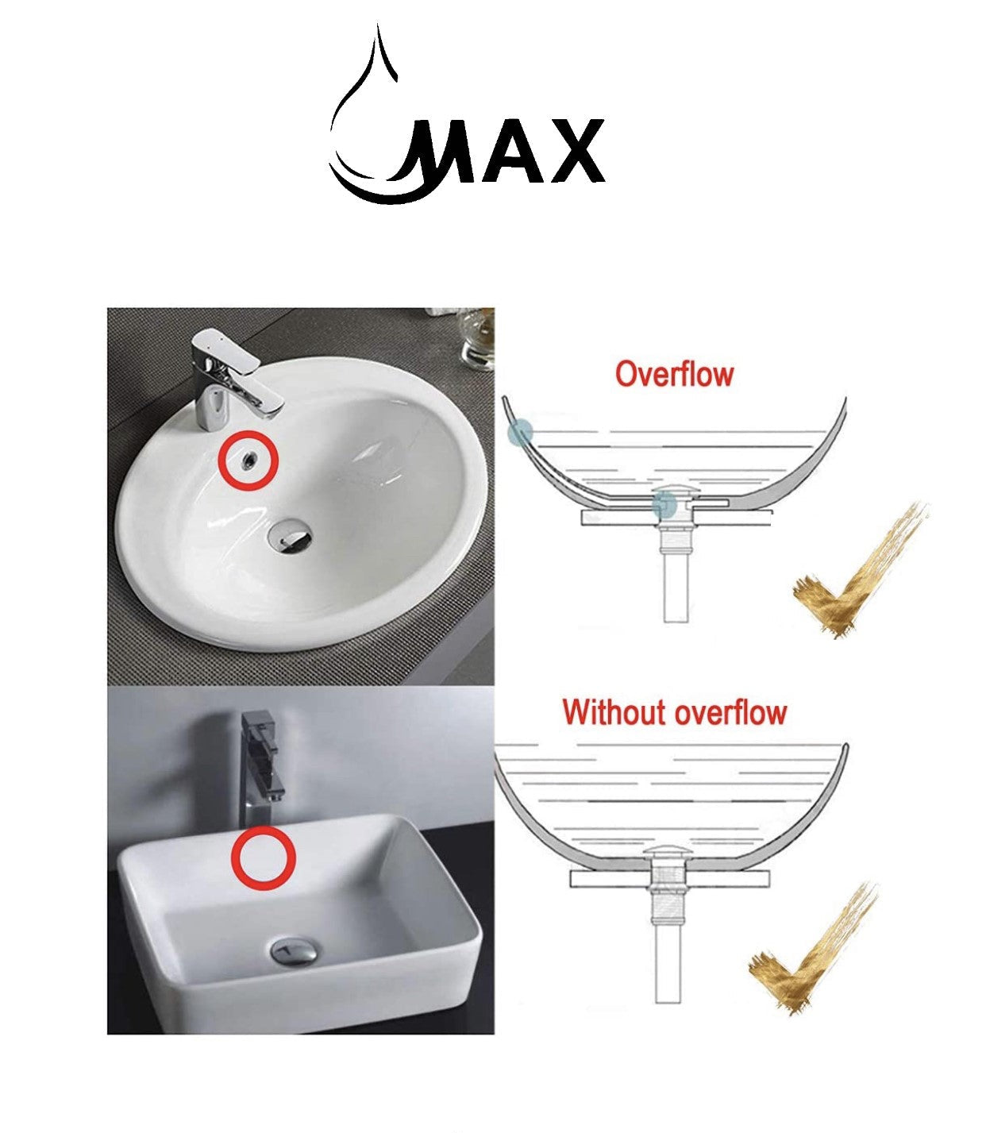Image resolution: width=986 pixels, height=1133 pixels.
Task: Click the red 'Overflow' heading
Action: [674, 374]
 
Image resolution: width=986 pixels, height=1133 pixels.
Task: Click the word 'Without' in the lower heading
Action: [616, 712]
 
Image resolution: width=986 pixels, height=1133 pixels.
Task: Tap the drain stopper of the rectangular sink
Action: [295, 950]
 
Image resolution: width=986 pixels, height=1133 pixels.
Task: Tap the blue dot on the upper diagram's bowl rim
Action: [520, 433]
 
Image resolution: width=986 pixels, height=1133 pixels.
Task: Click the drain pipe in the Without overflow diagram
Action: [664, 953]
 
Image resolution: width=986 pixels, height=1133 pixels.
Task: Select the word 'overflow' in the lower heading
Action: [730, 712]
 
